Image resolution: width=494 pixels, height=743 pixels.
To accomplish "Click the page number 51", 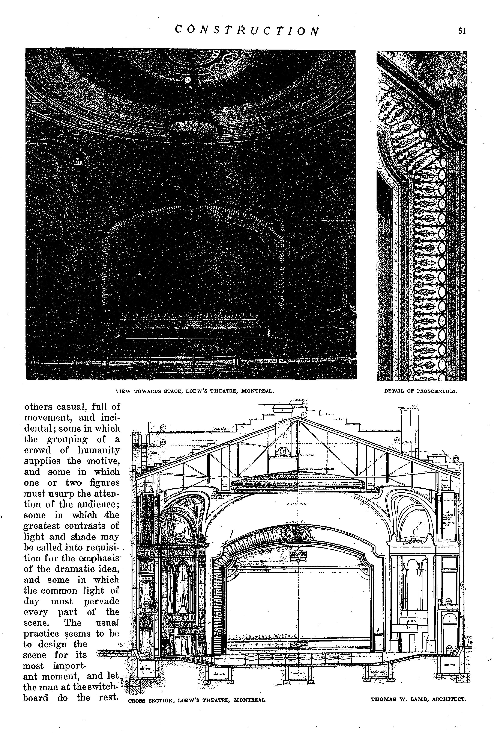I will (462, 31).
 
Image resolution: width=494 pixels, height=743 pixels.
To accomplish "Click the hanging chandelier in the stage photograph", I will (192, 127).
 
